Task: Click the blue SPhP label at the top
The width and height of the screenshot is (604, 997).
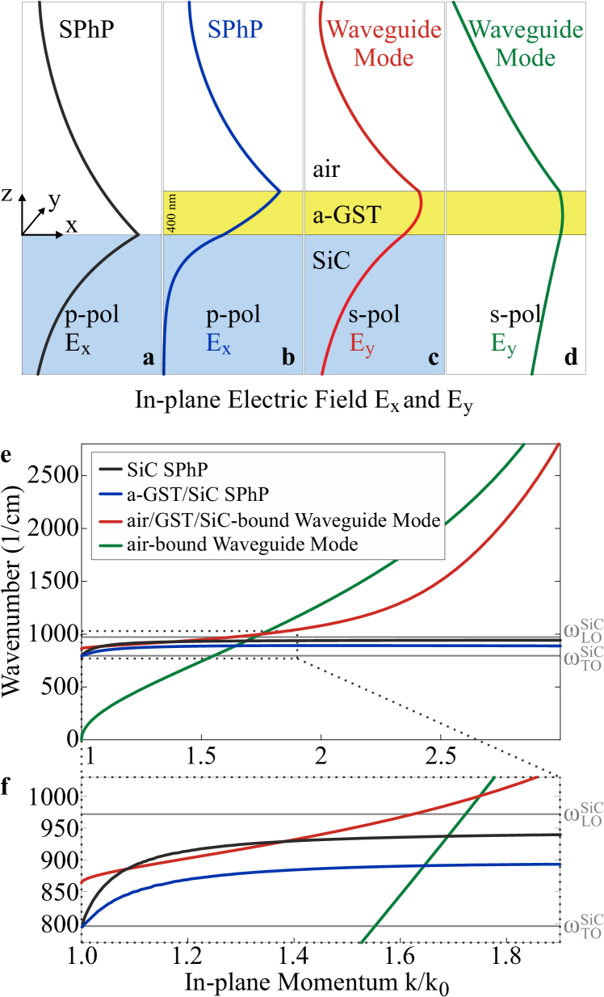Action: pyautogui.click(x=235, y=30)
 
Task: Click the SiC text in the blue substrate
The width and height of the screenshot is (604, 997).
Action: pyautogui.click(x=331, y=260)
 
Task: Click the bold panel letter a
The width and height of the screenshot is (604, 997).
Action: pyautogui.click(x=148, y=358)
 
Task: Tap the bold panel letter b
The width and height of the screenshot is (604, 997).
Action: pyautogui.click(x=288, y=358)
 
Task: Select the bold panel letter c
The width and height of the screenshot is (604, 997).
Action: pyautogui.click(x=434, y=358)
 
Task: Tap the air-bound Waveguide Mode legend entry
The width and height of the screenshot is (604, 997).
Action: pyautogui.click(x=242, y=545)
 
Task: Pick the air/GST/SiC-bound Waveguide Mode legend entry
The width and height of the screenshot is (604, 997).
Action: pyautogui.click(x=283, y=520)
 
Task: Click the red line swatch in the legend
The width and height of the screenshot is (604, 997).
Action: pyautogui.click(x=110, y=520)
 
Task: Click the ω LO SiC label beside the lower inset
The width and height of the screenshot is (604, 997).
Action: pyautogui.click(x=582, y=814)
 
